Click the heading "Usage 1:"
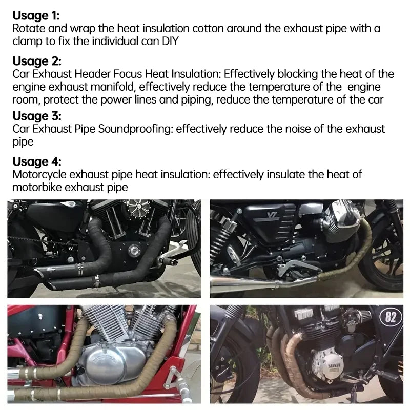(x=36, y=16)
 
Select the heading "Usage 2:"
(x=37, y=61)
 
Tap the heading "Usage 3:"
(x=37, y=116)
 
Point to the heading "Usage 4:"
(x=37, y=161)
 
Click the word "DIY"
(x=170, y=42)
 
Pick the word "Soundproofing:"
(x=135, y=129)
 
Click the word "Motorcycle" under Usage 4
(x=39, y=174)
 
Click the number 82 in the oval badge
(x=391, y=317)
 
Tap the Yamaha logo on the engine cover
(x=333, y=365)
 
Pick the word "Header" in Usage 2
(x=93, y=74)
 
